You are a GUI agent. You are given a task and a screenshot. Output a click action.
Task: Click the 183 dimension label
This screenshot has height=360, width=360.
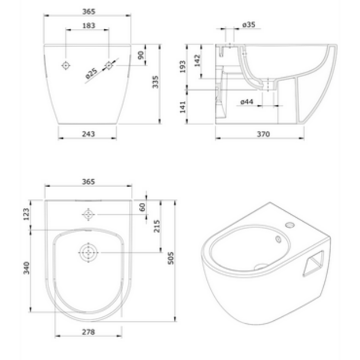[x=89, y=25]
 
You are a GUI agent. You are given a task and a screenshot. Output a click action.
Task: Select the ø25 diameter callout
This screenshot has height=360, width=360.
[x=91, y=73]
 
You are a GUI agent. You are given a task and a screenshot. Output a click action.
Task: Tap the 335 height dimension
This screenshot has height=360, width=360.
[x=156, y=82]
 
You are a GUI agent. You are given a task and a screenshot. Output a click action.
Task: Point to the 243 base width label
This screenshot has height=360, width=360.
[x=88, y=134]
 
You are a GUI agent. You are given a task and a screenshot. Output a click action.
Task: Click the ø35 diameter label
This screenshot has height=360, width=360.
[x=249, y=25]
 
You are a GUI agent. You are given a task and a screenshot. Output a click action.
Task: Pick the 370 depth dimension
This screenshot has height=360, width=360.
[x=263, y=134]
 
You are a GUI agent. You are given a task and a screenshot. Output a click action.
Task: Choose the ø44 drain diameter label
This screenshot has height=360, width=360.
[x=247, y=101]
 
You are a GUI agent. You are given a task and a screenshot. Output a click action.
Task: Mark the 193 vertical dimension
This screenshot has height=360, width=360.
[x=183, y=67]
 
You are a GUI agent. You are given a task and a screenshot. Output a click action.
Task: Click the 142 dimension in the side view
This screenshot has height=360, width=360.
[x=198, y=60]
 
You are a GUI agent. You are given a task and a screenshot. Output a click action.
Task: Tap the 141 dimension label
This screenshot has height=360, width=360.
[x=183, y=107]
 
